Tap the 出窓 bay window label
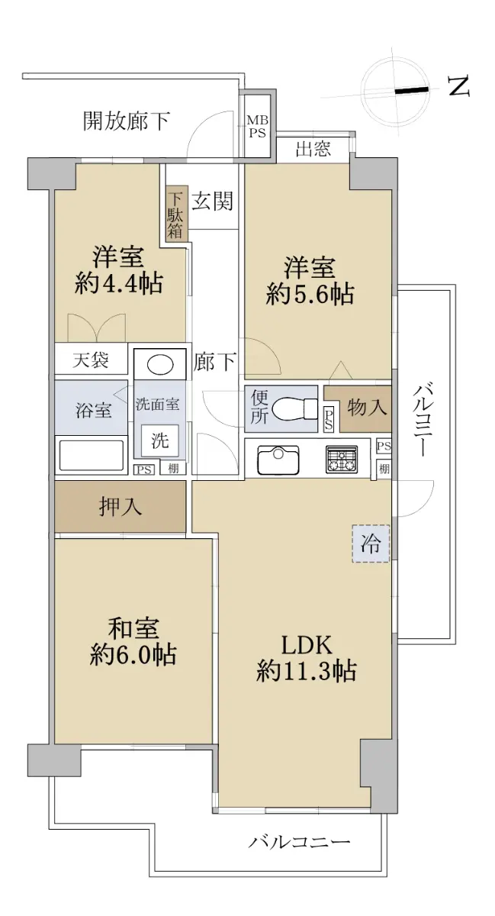click(313, 148)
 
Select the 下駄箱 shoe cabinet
click(176, 213)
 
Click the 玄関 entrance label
click(213, 202)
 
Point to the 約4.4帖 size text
click(119, 282)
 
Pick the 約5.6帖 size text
click(310, 294)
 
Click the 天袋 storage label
click(91, 360)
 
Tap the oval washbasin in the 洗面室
click(160, 363)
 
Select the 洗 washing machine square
click(160, 440)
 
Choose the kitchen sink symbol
click(278, 459)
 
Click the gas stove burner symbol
click(341, 460)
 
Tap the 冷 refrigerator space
click(371, 543)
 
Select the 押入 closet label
click(121, 507)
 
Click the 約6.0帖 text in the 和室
click(133, 655)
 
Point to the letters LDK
click(307, 646)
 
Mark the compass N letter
click(459, 86)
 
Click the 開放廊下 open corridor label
click(127, 121)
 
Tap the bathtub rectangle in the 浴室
click(92, 455)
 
